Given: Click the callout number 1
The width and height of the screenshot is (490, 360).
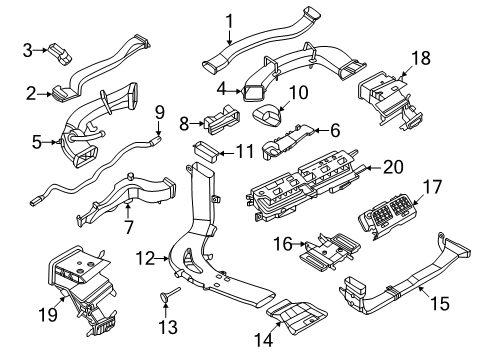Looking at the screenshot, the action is [x=229, y=21].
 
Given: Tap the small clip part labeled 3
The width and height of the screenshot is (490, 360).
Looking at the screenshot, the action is [x=61, y=54].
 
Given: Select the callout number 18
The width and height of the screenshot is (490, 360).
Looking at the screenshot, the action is [x=421, y=58].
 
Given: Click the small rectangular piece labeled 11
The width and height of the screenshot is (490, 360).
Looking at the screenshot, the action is [x=206, y=150].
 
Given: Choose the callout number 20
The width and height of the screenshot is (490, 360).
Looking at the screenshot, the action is [x=393, y=167].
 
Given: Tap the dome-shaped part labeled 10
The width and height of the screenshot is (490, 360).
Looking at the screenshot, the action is [x=267, y=115].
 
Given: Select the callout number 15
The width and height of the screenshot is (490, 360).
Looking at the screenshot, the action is [x=440, y=303].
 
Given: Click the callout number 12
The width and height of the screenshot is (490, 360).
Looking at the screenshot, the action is [x=146, y=258].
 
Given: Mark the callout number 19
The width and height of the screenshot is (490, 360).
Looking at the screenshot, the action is [x=49, y=314].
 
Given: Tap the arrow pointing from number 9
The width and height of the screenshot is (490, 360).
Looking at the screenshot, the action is [x=159, y=129].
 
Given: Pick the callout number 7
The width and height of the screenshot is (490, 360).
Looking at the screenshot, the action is [x=128, y=227].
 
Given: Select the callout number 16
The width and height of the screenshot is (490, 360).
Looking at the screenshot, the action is [x=283, y=244].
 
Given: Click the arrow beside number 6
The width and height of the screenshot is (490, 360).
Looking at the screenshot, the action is [x=322, y=130].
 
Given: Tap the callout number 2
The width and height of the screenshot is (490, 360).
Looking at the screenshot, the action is [x=31, y=94].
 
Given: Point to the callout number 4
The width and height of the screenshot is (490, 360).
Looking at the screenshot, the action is [x=222, y=89].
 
